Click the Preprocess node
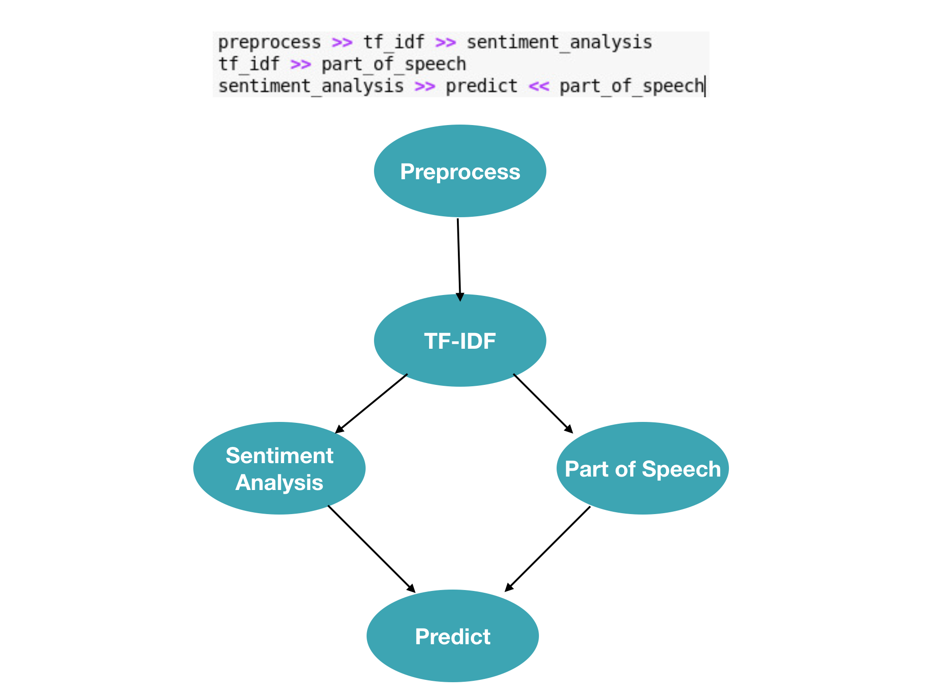(460, 171)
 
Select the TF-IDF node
(460, 340)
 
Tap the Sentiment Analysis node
(279, 468)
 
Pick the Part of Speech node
(642, 468)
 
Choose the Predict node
(452, 636)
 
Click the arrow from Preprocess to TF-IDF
(459, 259)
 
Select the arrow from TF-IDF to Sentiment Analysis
(371, 403)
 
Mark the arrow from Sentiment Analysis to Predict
(371, 548)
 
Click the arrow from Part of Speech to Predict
(547, 549)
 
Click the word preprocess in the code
(269, 43)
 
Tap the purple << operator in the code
(539, 86)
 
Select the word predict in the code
(481, 86)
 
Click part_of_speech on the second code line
(393, 64)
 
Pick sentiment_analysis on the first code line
(559, 43)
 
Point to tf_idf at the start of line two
(249, 64)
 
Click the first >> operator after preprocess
(342, 43)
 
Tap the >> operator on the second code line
(300, 64)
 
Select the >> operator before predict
(424, 86)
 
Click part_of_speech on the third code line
(631, 86)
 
